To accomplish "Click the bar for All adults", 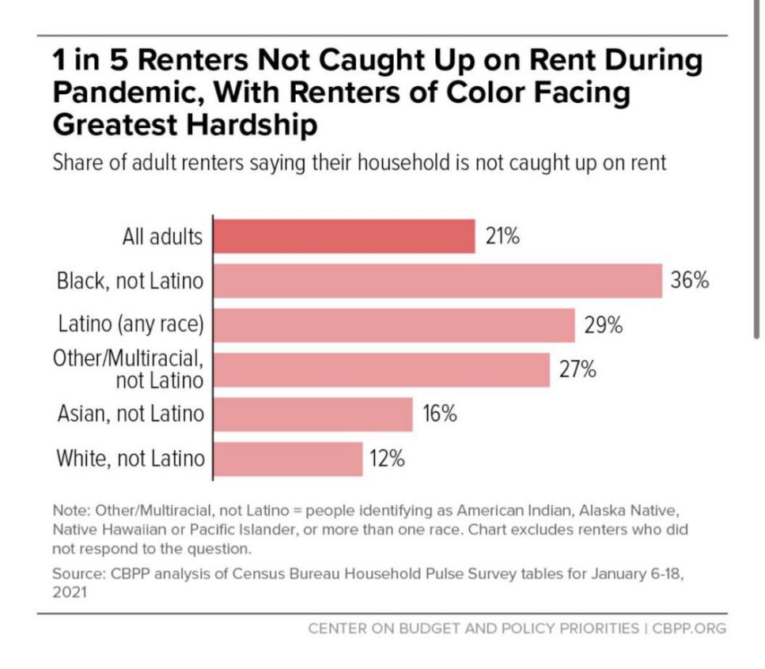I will click(x=345, y=236).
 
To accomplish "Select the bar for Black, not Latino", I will click(x=437, y=281).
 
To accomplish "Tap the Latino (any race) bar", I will click(x=394, y=325).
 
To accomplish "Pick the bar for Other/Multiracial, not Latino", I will click(x=381, y=369).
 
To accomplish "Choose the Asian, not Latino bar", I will click(x=313, y=414).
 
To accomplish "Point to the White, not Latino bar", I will click(x=288, y=459).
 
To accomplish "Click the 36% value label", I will click(x=690, y=281).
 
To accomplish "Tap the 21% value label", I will click(x=502, y=236).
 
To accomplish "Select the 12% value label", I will click(x=386, y=459).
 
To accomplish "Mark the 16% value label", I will click(x=439, y=414).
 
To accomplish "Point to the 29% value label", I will click(x=604, y=325).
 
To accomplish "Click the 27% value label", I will click(x=578, y=369).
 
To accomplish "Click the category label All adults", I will click(x=162, y=236).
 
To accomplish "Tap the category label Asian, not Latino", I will click(x=131, y=414).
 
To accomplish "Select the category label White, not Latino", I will click(x=130, y=459).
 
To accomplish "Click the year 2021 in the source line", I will click(x=68, y=590).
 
